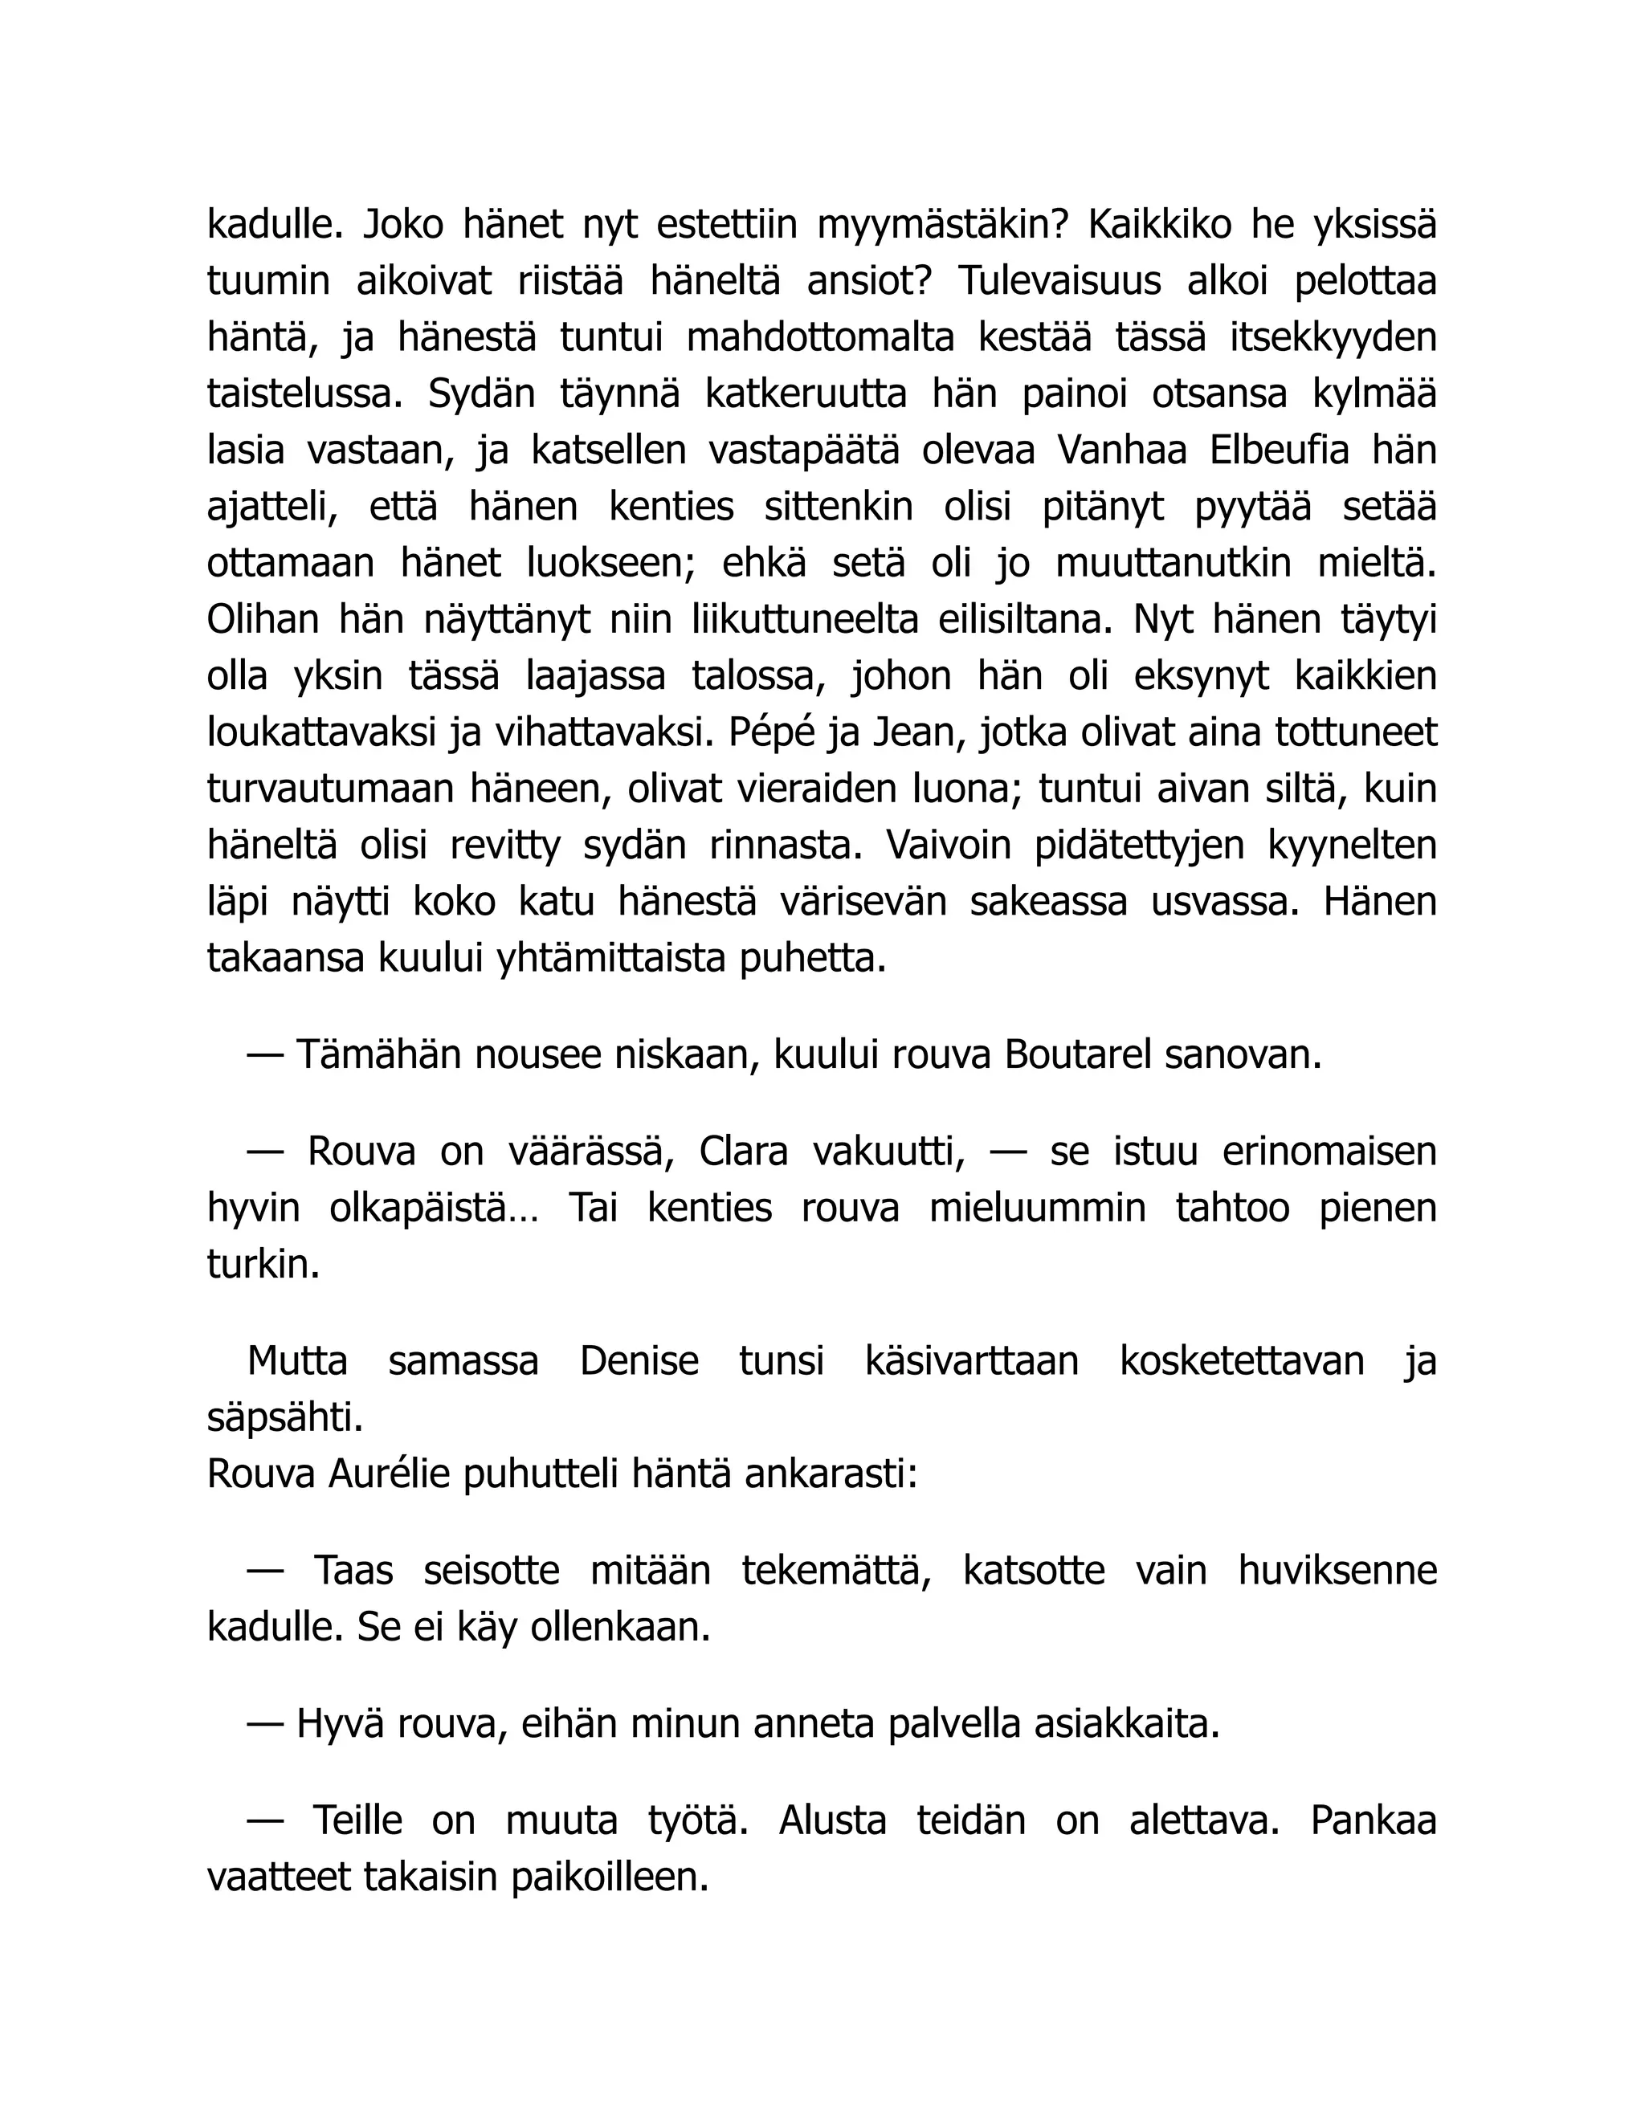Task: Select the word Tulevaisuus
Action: click(1059, 283)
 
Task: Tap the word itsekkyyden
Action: click(1333, 338)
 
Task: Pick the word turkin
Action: click(263, 1265)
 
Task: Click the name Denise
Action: click(639, 1361)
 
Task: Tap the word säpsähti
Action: click(284, 1417)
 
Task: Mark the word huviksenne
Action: click(1337, 1571)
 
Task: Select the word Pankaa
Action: click(1373, 1820)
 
